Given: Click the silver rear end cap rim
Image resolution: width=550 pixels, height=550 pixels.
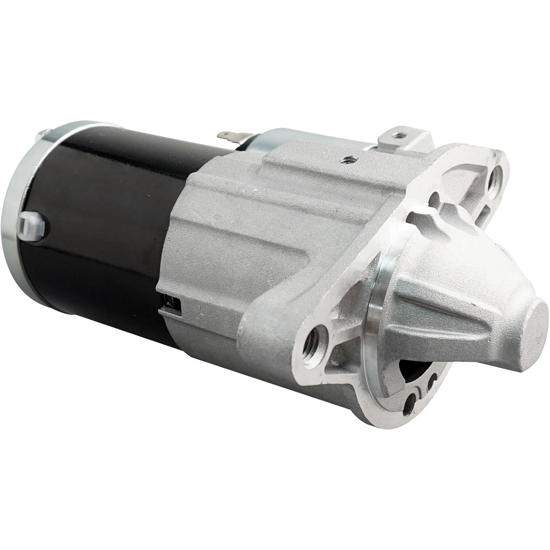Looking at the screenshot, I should coord(14,222).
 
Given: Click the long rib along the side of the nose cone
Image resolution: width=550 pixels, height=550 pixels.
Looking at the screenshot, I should coord(455,330).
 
